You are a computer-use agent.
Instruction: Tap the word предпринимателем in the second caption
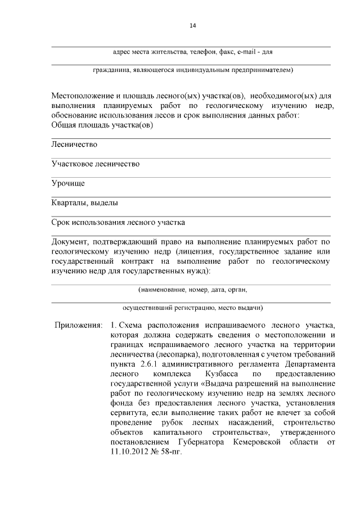tap(262, 70)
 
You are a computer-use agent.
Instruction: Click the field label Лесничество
tap(74, 144)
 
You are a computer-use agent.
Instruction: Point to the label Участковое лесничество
tap(95, 164)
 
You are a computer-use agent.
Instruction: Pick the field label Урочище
tap(68, 183)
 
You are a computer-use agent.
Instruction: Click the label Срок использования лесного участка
tap(118, 222)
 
